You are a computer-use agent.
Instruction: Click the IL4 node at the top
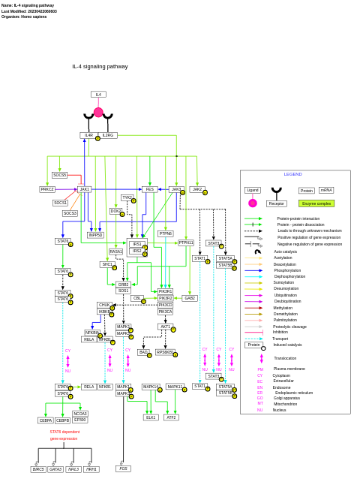point(98,95)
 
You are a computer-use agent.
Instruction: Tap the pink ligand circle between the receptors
point(98,112)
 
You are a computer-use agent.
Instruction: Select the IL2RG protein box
point(108,135)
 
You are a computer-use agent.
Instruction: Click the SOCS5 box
point(59,175)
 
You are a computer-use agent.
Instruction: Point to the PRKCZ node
point(47,189)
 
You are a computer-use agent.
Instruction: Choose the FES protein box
point(149,189)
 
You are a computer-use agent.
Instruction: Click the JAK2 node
point(197,189)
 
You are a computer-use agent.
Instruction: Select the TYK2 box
point(127,197)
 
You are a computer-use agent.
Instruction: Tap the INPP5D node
point(95,235)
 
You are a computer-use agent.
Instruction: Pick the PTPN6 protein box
point(165,233)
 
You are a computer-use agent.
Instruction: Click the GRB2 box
point(123,285)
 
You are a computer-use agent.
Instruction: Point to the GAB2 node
point(190,298)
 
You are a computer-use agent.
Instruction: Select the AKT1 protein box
point(165,327)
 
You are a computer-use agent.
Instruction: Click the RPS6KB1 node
point(164,352)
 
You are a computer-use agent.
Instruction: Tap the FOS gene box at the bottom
point(123,468)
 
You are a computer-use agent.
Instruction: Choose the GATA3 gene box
point(55,469)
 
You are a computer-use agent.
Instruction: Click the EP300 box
point(80,420)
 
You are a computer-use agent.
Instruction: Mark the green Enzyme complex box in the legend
point(316,203)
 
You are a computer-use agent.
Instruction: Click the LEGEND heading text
point(292,174)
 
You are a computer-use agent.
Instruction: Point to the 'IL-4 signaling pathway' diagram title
point(100,66)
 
